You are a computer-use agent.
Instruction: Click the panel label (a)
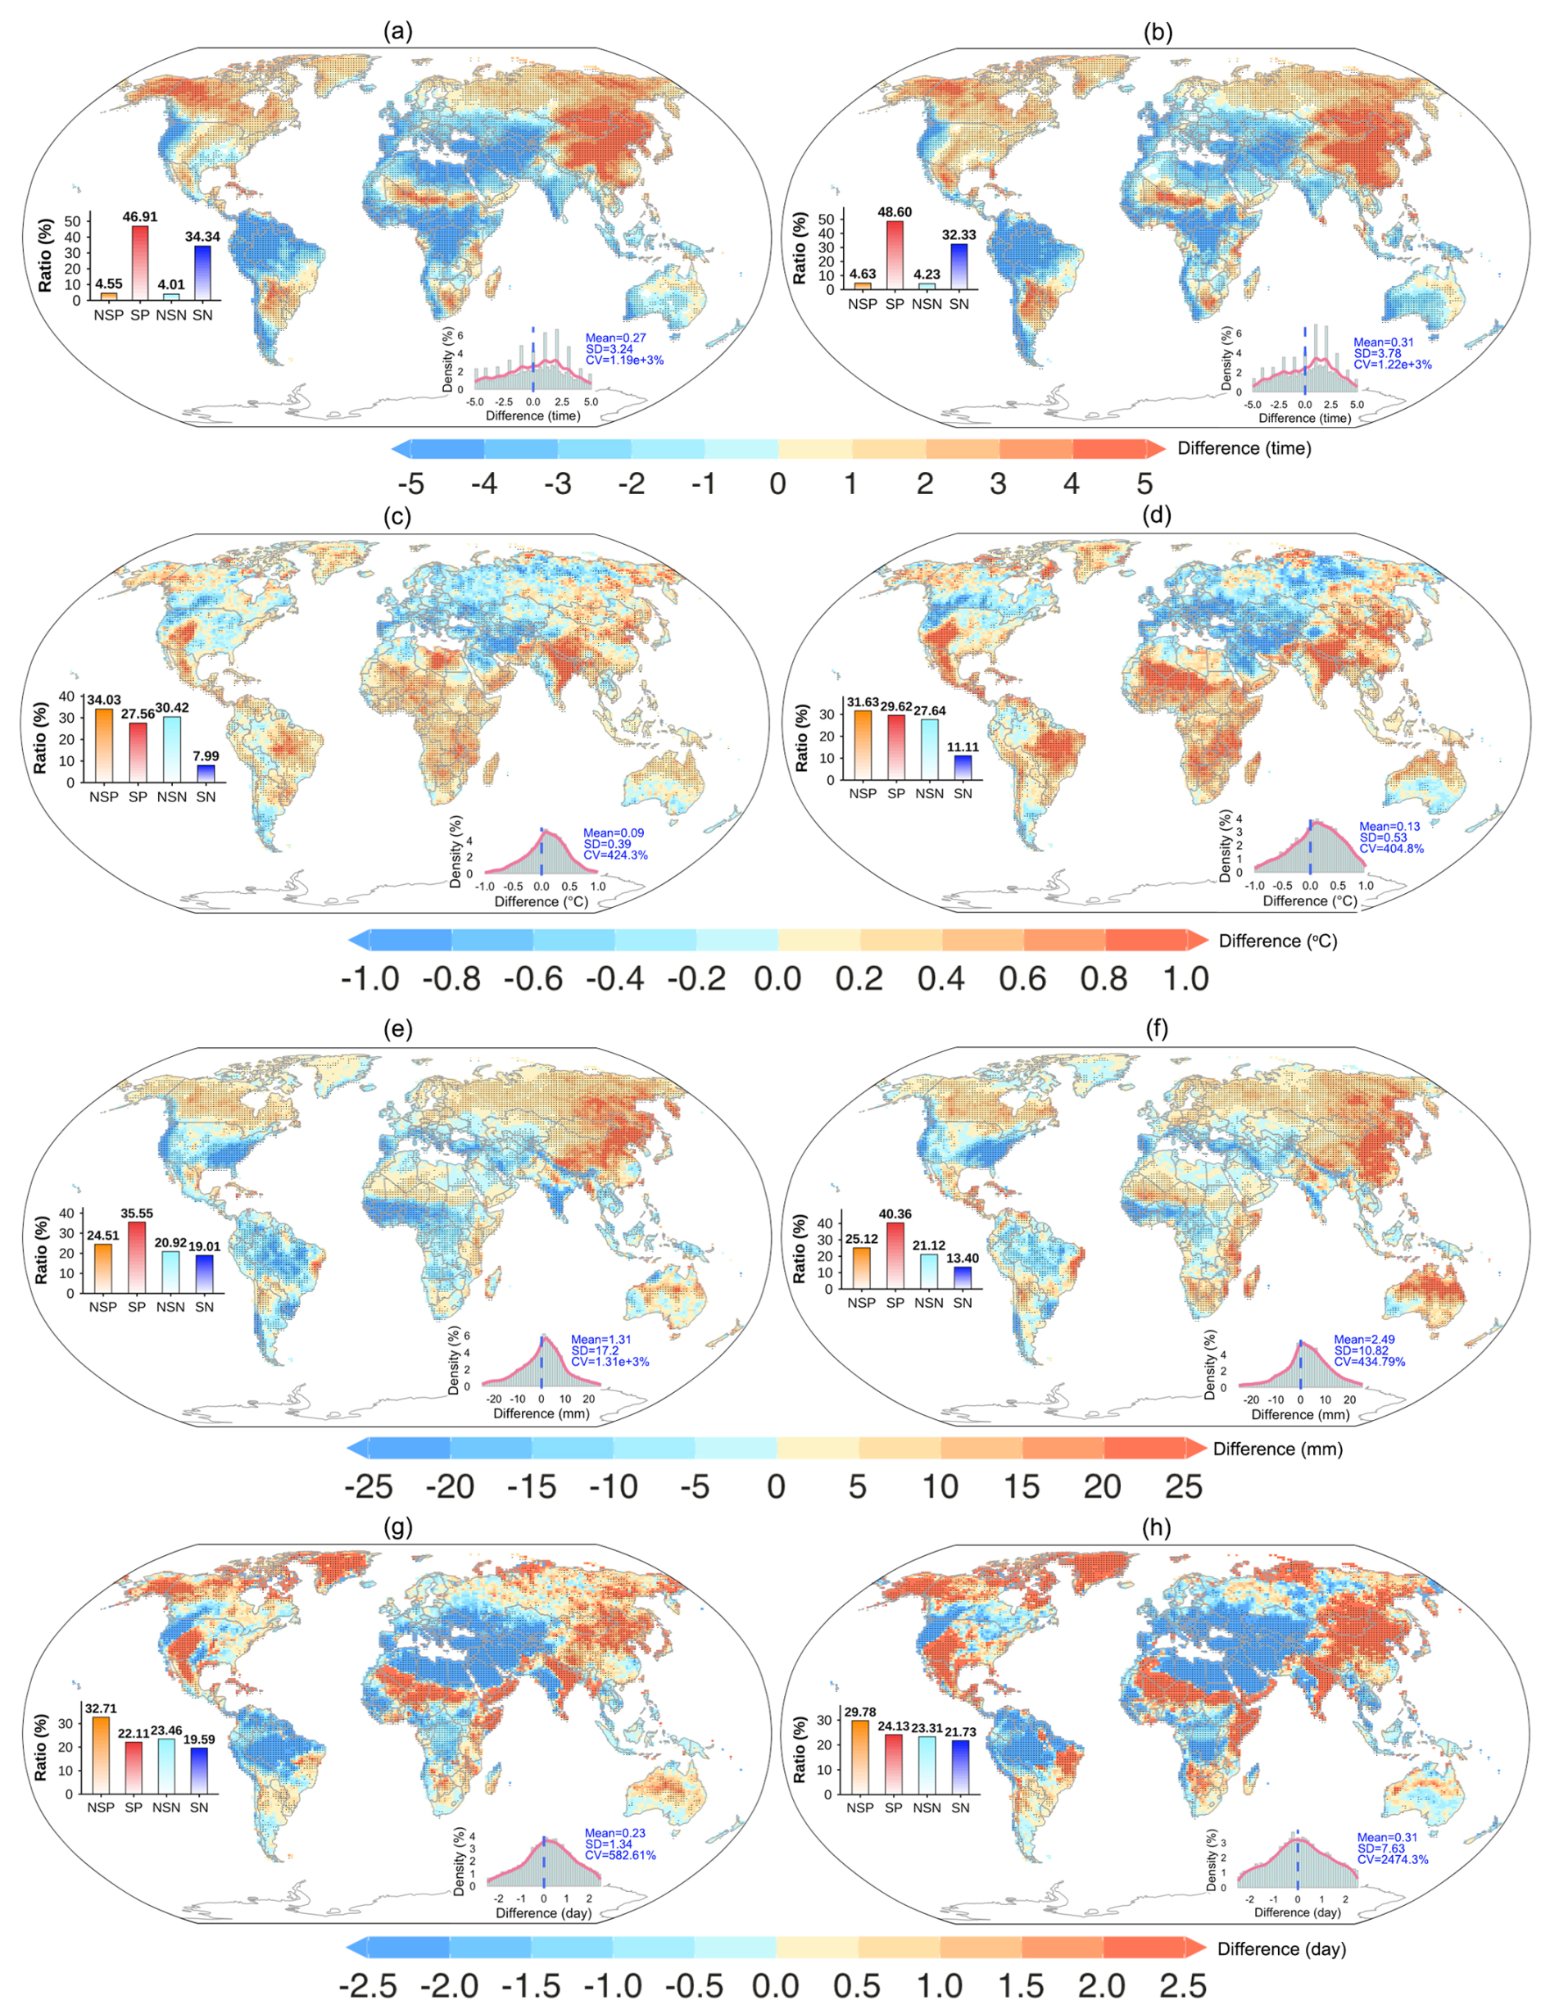pyautogui.click(x=397, y=31)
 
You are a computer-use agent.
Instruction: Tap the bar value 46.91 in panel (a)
pyautogui.click(x=140, y=216)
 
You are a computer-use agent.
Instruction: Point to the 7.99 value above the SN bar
pyautogui.click(x=206, y=756)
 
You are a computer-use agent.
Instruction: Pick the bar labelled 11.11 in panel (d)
pyautogui.click(x=962, y=767)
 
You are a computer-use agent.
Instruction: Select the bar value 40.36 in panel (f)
pyautogui.click(x=895, y=1213)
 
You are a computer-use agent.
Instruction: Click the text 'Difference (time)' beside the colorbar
pyautogui.click(x=1244, y=448)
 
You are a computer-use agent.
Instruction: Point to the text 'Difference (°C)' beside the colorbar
pyautogui.click(x=1278, y=941)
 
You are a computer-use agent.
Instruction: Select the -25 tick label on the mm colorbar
pyautogui.click(x=368, y=1486)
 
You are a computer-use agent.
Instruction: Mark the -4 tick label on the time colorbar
pyautogui.click(x=484, y=483)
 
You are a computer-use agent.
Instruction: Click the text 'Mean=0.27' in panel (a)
pyautogui.click(x=616, y=338)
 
